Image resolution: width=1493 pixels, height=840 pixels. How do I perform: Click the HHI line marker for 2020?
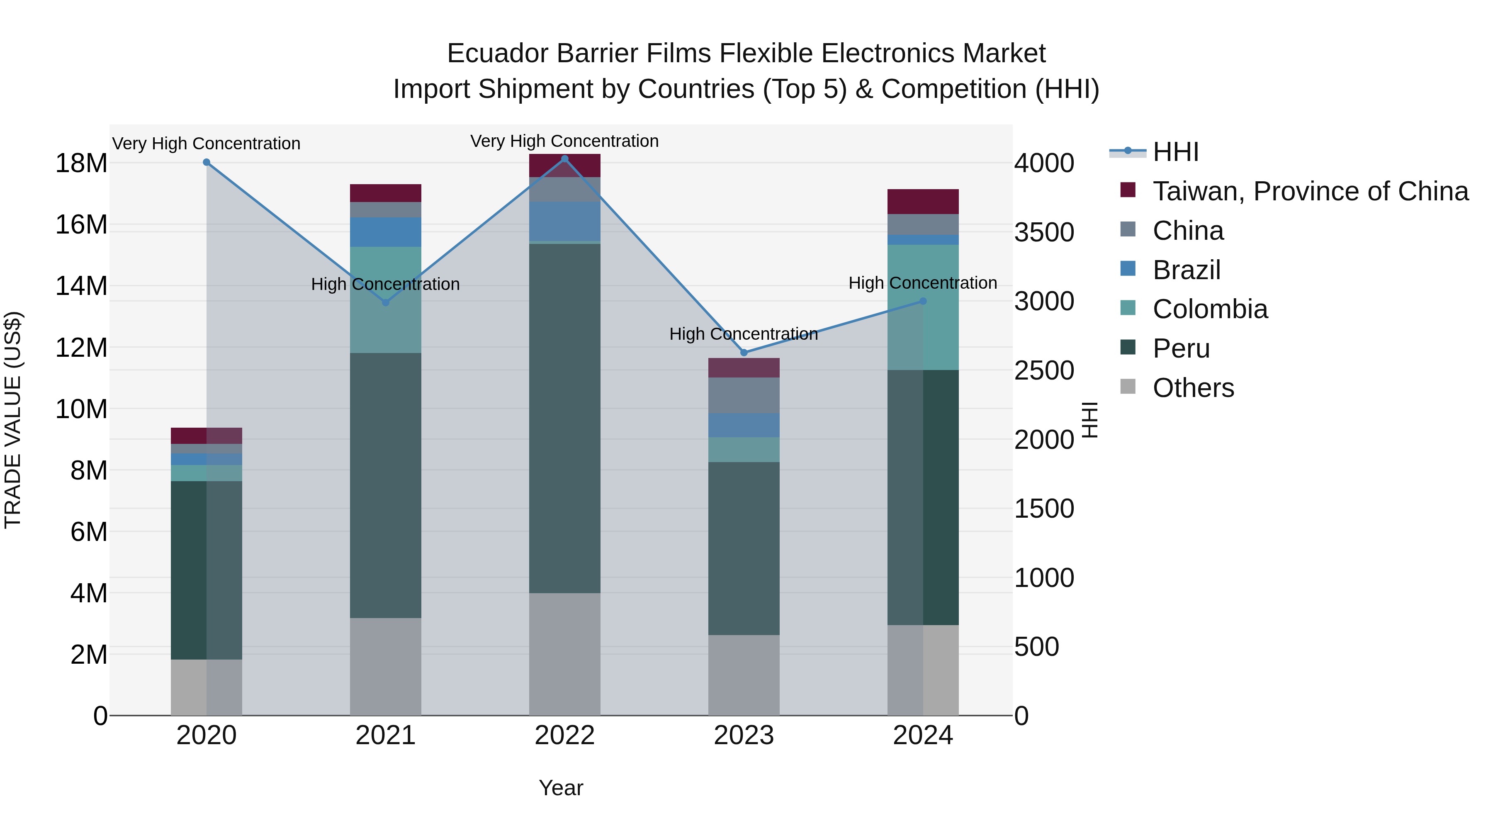click(x=207, y=162)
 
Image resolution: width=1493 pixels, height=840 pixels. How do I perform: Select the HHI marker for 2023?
click(x=744, y=353)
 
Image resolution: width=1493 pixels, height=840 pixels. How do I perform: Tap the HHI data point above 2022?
click(x=565, y=159)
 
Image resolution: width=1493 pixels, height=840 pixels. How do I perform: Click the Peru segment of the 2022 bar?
click(x=565, y=417)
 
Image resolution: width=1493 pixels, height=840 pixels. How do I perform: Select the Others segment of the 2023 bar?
click(x=744, y=675)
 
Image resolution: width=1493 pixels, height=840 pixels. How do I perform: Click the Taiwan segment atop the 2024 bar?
click(x=923, y=201)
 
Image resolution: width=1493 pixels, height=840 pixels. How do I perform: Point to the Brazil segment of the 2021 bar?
click(x=385, y=232)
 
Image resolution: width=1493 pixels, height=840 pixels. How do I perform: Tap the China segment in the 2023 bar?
click(x=744, y=395)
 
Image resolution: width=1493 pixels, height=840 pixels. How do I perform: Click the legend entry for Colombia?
click(x=1210, y=309)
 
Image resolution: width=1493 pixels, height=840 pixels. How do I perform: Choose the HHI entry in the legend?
click(x=1175, y=152)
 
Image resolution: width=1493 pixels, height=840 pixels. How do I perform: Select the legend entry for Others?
click(x=1193, y=388)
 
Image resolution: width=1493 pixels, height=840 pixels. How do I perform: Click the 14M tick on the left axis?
click(x=81, y=286)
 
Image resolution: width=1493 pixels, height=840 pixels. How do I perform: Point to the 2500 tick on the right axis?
click(x=1044, y=370)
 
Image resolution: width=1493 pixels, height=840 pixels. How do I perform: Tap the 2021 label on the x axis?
click(x=385, y=735)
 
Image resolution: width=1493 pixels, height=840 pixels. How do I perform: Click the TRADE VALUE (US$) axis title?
click(x=13, y=420)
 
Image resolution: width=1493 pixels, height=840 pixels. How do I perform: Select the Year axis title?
click(x=560, y=788)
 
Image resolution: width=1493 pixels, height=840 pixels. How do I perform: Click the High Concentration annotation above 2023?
click(x=744, y=334)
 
